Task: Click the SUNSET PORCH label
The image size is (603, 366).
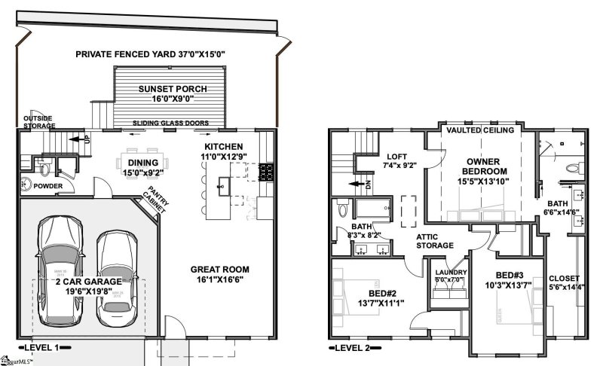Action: [x=170, y=89]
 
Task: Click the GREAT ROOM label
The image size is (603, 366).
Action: [x=219, y=270]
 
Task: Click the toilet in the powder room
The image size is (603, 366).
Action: [x=25, y=181]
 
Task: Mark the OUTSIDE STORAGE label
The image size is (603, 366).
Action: [x=37, y=123]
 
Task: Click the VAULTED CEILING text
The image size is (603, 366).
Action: [x=480, y=130]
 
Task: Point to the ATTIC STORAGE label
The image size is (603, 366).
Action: [x=435, y=241]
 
